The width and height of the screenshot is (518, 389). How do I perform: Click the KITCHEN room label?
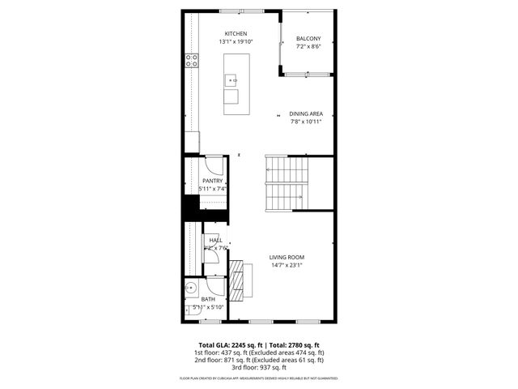pos(224,33)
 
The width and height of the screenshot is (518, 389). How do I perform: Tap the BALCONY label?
pos(308,39)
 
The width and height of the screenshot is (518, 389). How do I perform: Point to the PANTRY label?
pos(213,181)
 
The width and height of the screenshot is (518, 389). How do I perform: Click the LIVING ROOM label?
pos(287,257)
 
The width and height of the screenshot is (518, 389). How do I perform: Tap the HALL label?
pos(216,240)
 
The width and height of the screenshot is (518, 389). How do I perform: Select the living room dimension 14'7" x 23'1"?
pos(287,265)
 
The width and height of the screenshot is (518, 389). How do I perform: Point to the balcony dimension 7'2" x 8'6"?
pos(308,47)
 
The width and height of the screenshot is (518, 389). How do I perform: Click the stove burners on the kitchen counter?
pos(192,60)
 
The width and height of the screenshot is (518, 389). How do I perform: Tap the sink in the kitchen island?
pos(231,80)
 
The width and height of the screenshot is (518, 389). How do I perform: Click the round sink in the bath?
pos(192,289)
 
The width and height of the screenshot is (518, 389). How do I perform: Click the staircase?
pos(287,183)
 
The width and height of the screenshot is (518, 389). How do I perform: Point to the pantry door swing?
pos(212,162)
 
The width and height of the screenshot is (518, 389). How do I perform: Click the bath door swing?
pos(216,285)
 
